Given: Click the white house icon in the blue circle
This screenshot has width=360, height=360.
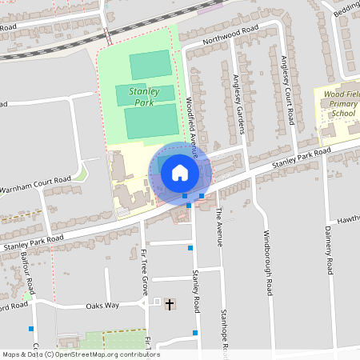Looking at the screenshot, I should tap(180, 172).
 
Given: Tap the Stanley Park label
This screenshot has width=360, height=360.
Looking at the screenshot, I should tap(143, 97).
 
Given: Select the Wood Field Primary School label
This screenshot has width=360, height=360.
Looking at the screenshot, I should tap(342, 104).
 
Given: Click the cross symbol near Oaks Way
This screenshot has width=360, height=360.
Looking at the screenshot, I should tap(169, 304).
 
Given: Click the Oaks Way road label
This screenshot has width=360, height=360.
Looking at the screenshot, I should tap(102, 306).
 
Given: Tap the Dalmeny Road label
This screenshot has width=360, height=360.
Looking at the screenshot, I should tap(328, 250).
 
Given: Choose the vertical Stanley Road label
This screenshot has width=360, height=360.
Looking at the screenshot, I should tap(195, 291).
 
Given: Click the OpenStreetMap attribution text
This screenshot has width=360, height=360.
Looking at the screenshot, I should tap(80, 354).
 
